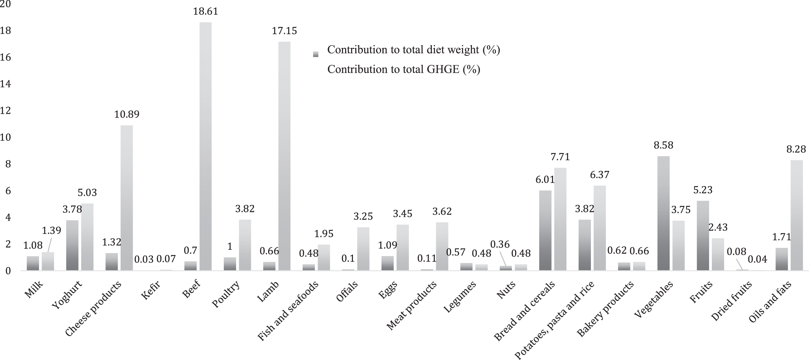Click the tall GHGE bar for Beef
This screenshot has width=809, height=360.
pyautogui.click(x=205, y=146)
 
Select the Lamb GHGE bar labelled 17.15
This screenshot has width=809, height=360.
pyautogui.click(x=284, y=156)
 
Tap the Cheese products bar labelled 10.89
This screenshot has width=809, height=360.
pyautogui.click(x=127, y=198)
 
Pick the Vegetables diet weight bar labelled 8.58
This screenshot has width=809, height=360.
pyautogui.click(x=663, y=213)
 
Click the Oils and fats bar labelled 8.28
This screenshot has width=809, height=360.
pyautogui.click(x=796, y=215)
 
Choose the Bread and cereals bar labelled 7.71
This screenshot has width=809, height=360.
pyautogui.click(x=560, y=219)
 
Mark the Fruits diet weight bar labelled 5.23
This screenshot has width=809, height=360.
pyautogui.click(x=703, y=236)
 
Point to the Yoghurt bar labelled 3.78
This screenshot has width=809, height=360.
pyautogui.click(x=72, y=245)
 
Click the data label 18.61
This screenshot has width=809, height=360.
pyautogui.click(x=205, y=11)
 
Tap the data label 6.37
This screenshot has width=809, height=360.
pyautogui.click(x=599, y=174)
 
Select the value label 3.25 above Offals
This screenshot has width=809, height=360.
pyautogui.click(x=363, y=216)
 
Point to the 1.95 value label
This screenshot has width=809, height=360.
pyautogui.click(x=324, y=234)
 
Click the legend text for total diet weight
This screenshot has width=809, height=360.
pyautogui.click(x=414, y=50)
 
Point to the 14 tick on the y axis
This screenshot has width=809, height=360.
pyautogui.click(x=5, y=84)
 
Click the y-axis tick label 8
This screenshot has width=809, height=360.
pyautogui.click(x=8, y=164)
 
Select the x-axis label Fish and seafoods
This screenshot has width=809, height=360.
pyautogui.click(x=288, y=311)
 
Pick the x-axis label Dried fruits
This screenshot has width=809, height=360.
pyautogui.click(x=731, y=301)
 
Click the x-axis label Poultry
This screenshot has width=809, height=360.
pyautogui.click(x=226, y=294)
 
